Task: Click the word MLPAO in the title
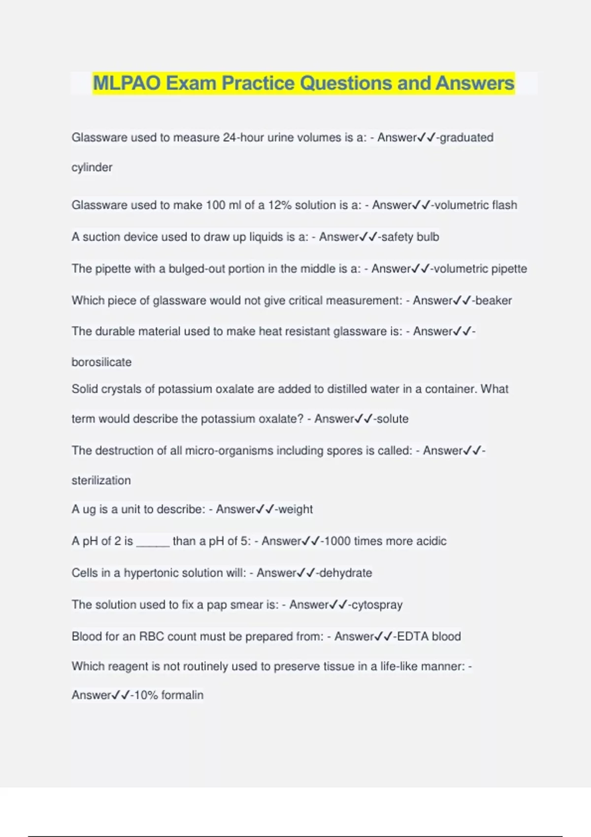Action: tap(127, 83)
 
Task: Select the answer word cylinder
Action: tap(92, 167)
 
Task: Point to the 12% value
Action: tap(280, 205)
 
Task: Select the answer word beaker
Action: tap(493, 300)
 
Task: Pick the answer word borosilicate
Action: tap(101, 362)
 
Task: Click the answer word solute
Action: tap(393, 419)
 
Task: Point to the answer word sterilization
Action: tap(101, 481)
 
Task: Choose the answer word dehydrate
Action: tap(346, 573)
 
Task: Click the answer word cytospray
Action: tap(377, 605)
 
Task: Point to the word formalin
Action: tap(182, 695)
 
